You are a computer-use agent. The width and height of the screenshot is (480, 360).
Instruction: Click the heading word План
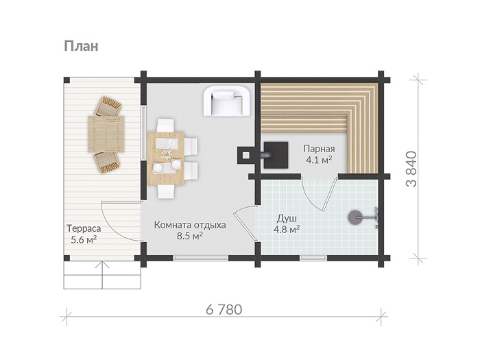tap(81, 46)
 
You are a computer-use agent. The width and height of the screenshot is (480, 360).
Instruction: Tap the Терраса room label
tap(84, 228)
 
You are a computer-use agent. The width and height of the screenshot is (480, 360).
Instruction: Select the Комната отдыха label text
tap(190, 225)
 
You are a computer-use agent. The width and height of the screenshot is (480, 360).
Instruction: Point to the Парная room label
tap(319, 149)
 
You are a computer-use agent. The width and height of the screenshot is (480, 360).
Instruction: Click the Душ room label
tap(287, 219)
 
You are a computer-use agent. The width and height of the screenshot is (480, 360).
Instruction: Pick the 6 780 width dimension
tap(224, 309)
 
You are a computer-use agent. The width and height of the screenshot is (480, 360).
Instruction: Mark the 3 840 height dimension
tap(411, 169)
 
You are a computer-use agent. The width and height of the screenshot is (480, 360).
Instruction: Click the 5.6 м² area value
tap(84, 239)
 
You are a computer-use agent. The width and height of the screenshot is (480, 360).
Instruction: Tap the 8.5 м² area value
tap(190, 236)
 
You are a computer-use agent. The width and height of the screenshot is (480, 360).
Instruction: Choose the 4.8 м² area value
tap(287, 229)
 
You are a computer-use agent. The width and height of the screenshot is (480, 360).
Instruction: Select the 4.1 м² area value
tap(319, 160)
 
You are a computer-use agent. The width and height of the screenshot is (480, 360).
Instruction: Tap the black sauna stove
tap(275, 155)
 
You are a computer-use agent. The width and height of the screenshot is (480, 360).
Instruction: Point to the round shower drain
tap(355, 217)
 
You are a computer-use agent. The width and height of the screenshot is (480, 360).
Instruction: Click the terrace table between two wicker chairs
tap(106, 134)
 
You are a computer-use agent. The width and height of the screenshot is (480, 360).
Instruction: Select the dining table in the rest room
tap(166, 158)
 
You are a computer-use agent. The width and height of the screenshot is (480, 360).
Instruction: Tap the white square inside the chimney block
tap(245, 156)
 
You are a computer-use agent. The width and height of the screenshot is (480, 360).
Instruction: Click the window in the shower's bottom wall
tap(313, 259)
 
